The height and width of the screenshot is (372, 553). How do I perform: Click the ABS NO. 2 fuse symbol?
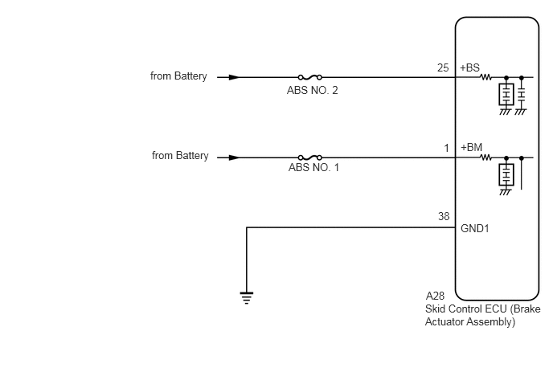point(310,77)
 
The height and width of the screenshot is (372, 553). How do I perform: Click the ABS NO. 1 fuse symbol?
point(310,157)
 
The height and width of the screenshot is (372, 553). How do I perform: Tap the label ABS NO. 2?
point(312,91)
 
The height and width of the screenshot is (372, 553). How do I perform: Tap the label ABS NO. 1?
point(313,167)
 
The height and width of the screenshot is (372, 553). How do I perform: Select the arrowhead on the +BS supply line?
point(234,77)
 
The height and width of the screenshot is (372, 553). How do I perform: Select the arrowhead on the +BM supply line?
point(234,157)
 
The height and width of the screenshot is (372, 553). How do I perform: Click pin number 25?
point(443,67)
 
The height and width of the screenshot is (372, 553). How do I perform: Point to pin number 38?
point(444,216)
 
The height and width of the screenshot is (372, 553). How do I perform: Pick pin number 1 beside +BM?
point(446,149)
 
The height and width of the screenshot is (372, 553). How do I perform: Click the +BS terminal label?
point(469,67)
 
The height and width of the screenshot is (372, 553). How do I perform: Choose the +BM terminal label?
point(471,147)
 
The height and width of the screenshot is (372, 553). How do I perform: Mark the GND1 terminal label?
point(475,228)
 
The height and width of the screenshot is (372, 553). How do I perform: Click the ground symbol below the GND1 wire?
point(247,298)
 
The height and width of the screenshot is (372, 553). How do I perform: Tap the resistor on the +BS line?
point(485,77)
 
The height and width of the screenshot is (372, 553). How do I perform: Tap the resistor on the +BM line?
point(485,157)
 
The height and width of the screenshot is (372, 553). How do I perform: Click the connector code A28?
point(435,296)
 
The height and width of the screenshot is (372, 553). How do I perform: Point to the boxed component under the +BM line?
point(506,174)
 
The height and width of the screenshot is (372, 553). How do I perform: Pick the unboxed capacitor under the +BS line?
point(522,95)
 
